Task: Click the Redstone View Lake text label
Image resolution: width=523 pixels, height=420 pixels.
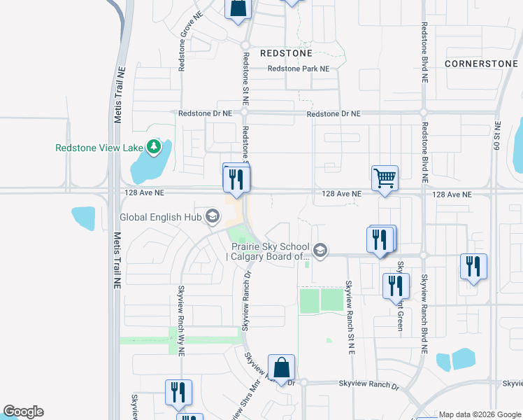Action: tap(99, 148)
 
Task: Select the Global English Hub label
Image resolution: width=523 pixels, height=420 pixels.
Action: tap(160, 217)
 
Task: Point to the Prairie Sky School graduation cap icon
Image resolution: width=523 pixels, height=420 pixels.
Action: tap(320, 251)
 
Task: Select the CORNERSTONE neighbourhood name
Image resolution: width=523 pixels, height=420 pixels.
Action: tap(482, 63)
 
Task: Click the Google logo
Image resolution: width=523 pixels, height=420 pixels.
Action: tap(23, 412)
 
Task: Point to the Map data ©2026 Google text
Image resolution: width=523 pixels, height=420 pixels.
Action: tap(480, 414)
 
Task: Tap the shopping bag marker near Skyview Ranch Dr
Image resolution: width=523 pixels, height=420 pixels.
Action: tap(281, 367)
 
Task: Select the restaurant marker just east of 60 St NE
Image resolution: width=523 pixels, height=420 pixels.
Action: tap(473, 267)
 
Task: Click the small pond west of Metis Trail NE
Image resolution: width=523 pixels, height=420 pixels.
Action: tap(83, 218)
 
